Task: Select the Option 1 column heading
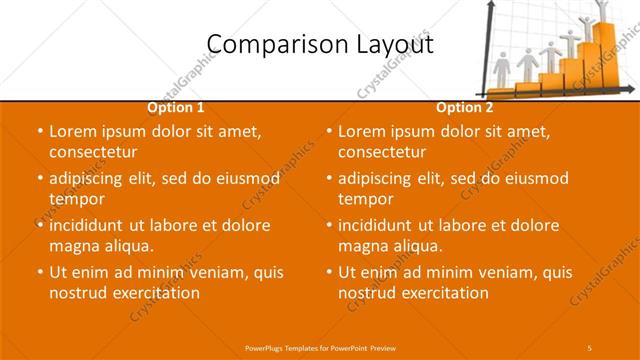coord(176,107)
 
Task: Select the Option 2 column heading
coord(464,107)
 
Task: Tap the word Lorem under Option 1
coord(73,131)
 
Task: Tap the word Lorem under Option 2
coord(362,131)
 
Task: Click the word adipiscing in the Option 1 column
coord(92,178)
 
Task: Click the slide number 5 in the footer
coord(590,346)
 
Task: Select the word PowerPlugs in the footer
coord(265,346)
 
